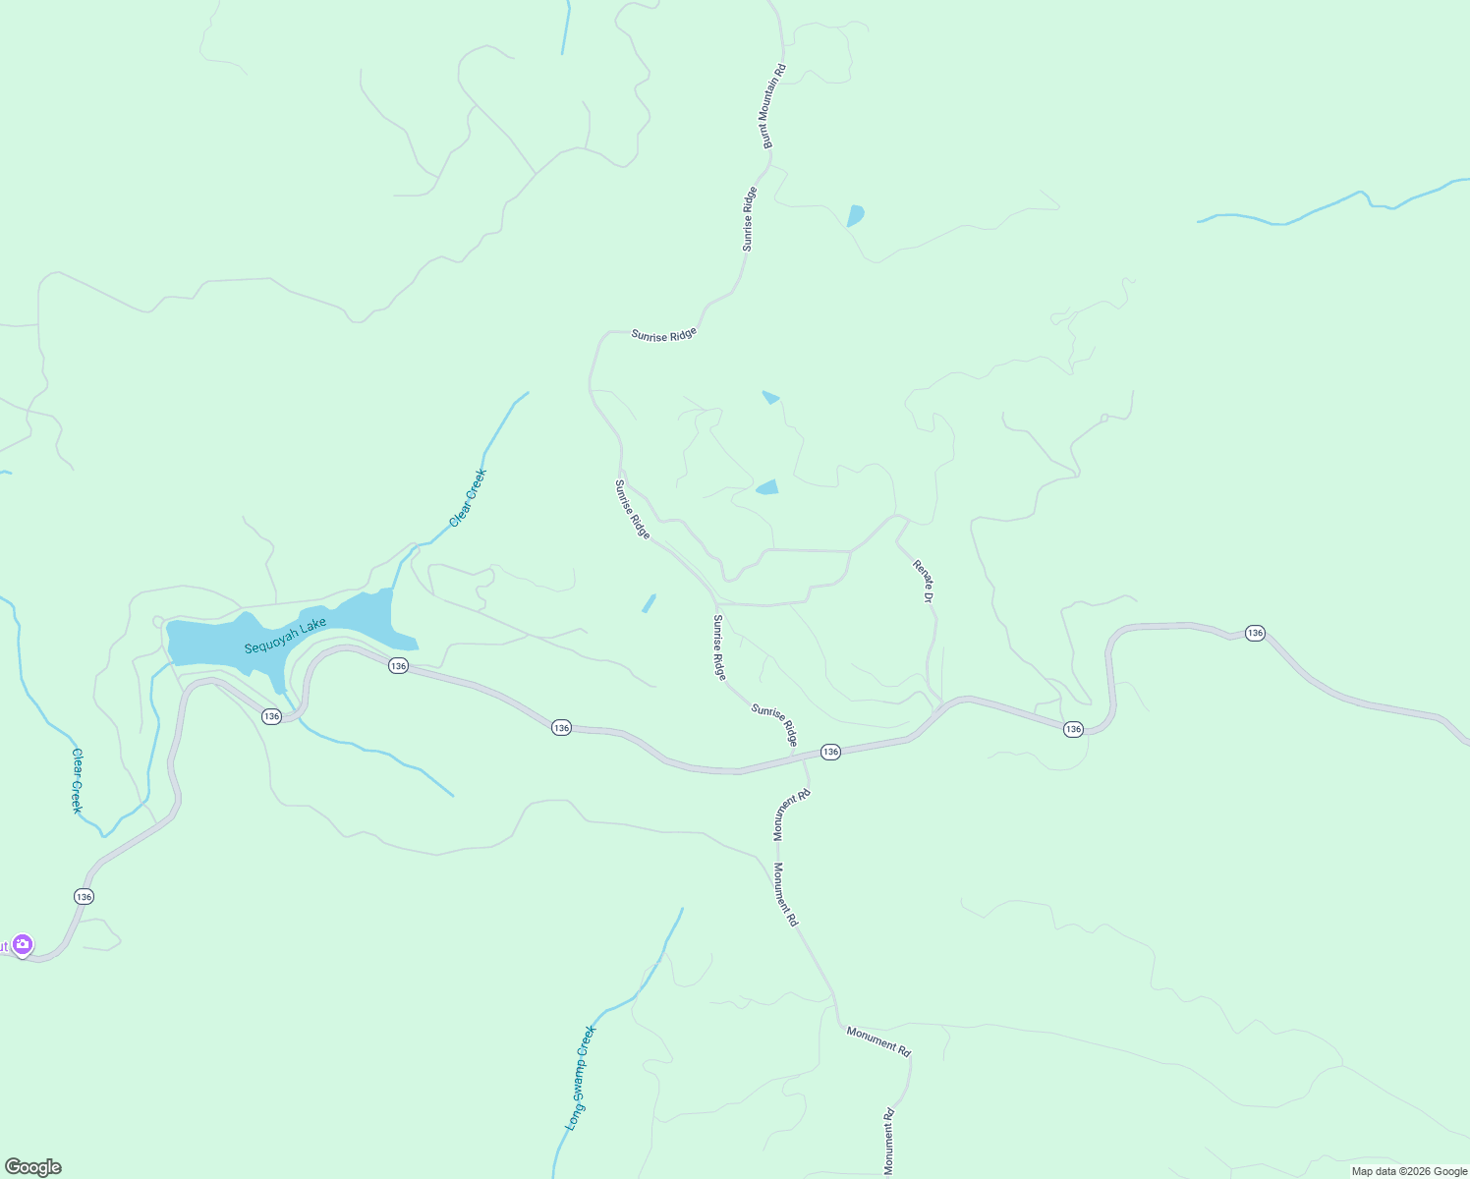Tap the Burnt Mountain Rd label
point(775,106)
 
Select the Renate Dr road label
point(923,581)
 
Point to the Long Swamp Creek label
point(581,1078)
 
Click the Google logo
point(32,1167)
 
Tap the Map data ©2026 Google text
point(1409,1171)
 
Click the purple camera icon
point(23,945)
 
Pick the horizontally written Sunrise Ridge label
point(663,335)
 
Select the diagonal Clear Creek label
point(468,498)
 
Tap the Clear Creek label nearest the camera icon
point(77,781)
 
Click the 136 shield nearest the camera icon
point(84,897)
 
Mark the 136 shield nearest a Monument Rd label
point(830,752)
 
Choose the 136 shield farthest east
point(1255,633)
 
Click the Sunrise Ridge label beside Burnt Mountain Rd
point(750,218)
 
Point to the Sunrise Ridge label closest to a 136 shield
point(774,724)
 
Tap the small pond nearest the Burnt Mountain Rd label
point(855,215)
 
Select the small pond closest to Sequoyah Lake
point(649,602)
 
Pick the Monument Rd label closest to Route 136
point(791,814)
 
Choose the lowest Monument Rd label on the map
point(888,1141)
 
